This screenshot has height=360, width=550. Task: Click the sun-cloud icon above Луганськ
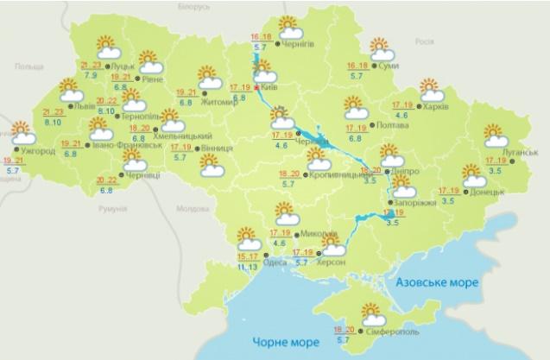[496, 136]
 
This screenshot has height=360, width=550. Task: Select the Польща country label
[28, 66]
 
